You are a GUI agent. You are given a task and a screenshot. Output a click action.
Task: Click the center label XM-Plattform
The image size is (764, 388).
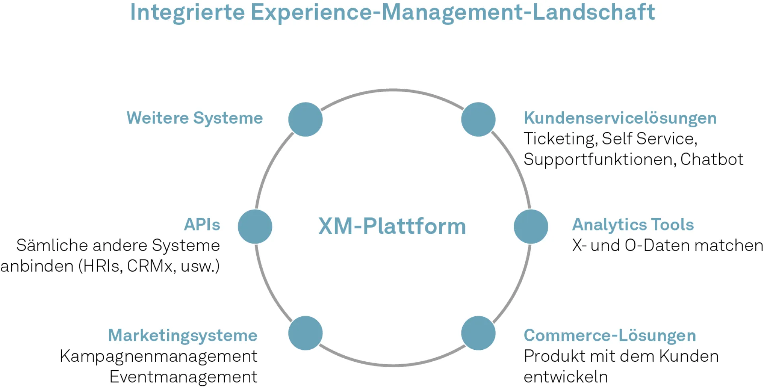click(392, 226)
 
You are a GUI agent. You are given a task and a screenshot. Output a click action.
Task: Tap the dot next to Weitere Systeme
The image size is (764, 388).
click(305, 119)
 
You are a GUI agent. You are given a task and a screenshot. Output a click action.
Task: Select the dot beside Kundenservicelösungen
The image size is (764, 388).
click(478, 119)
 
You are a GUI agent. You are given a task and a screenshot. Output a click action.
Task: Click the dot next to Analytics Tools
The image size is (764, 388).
click(531, 226)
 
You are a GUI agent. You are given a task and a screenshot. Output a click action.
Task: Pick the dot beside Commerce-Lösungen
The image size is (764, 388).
click(478, 333)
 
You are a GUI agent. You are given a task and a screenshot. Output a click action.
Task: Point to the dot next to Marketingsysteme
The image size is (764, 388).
click(305, 333)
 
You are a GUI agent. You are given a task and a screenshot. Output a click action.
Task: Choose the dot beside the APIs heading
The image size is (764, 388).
click(255, 226)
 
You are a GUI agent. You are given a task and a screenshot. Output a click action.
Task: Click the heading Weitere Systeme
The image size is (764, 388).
click(195, 118)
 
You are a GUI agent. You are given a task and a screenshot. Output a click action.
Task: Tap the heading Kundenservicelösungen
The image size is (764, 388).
click(620, 118)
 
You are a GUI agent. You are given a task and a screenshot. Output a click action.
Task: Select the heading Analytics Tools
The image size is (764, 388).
click(633, 225)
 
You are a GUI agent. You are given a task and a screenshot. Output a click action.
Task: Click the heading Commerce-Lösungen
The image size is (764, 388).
click(610, 335)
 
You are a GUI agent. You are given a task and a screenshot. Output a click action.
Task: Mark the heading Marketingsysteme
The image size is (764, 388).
click(183, 335)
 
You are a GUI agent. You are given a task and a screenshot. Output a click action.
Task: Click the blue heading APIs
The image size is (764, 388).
click(202, 225)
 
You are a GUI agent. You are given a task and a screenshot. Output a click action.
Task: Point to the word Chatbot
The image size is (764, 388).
click(711, 160)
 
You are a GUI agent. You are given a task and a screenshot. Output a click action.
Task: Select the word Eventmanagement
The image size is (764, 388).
click(183, 377)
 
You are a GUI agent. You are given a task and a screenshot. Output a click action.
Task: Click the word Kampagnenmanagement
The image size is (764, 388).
click(158, 356)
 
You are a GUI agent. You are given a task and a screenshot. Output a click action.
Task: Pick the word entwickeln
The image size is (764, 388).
click(565, 377)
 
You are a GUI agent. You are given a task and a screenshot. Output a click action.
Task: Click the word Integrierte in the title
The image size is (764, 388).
click(187, 12)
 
